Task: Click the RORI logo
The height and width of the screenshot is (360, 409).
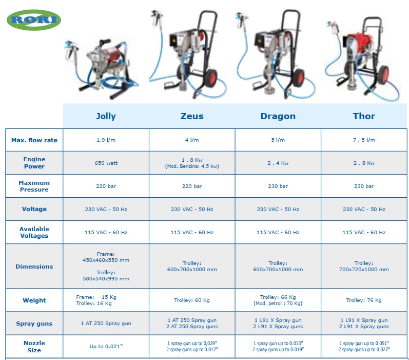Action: tap(34, 20)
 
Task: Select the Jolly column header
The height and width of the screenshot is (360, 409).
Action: tap(106, 116)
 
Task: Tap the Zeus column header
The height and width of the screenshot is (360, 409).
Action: tap(192, 116)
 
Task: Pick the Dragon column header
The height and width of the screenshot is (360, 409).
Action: tap(278, 116)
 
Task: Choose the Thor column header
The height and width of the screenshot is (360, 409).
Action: tap(364, 116)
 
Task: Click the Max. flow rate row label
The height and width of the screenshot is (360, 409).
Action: tap(34, 140)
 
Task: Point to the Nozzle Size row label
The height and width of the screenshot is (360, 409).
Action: tap(34, 347)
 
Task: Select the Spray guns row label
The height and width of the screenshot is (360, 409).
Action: tap(34, 324)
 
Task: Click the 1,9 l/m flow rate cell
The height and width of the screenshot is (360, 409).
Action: tap(106, 140)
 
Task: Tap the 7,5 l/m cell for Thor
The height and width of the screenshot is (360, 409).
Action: tap(364, 140)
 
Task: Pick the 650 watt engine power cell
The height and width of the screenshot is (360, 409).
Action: tap(106, 163)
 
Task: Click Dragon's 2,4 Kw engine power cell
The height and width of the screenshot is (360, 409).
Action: tap(278, 163)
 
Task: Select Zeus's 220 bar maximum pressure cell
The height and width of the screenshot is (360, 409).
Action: tap(192, 186)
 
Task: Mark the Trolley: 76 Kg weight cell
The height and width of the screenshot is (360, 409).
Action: tap(364, 300)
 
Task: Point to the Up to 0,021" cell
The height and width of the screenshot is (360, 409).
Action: tap(106, 347)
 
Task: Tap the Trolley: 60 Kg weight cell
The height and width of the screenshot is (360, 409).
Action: tap(192, 300)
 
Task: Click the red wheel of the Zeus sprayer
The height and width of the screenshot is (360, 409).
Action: tap(211, 78)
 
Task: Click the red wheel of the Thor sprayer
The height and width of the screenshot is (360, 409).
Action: tap(383, 75)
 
